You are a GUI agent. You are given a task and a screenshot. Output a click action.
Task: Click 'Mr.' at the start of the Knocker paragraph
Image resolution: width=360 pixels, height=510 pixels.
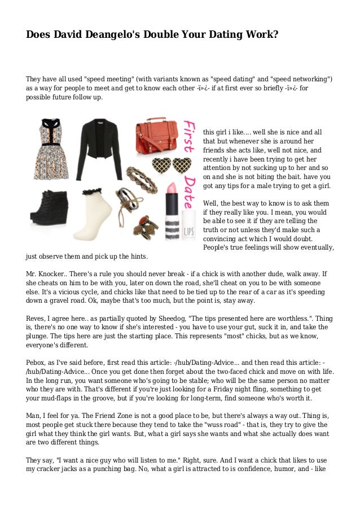[32, 273]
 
